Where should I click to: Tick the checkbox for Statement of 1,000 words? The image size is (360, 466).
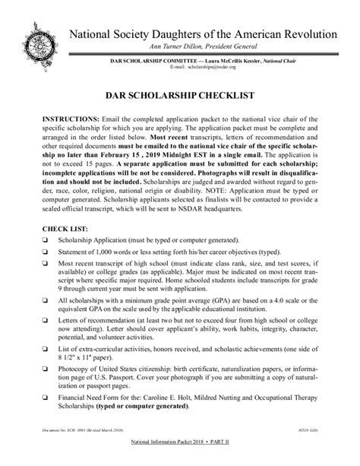(46, 264)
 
